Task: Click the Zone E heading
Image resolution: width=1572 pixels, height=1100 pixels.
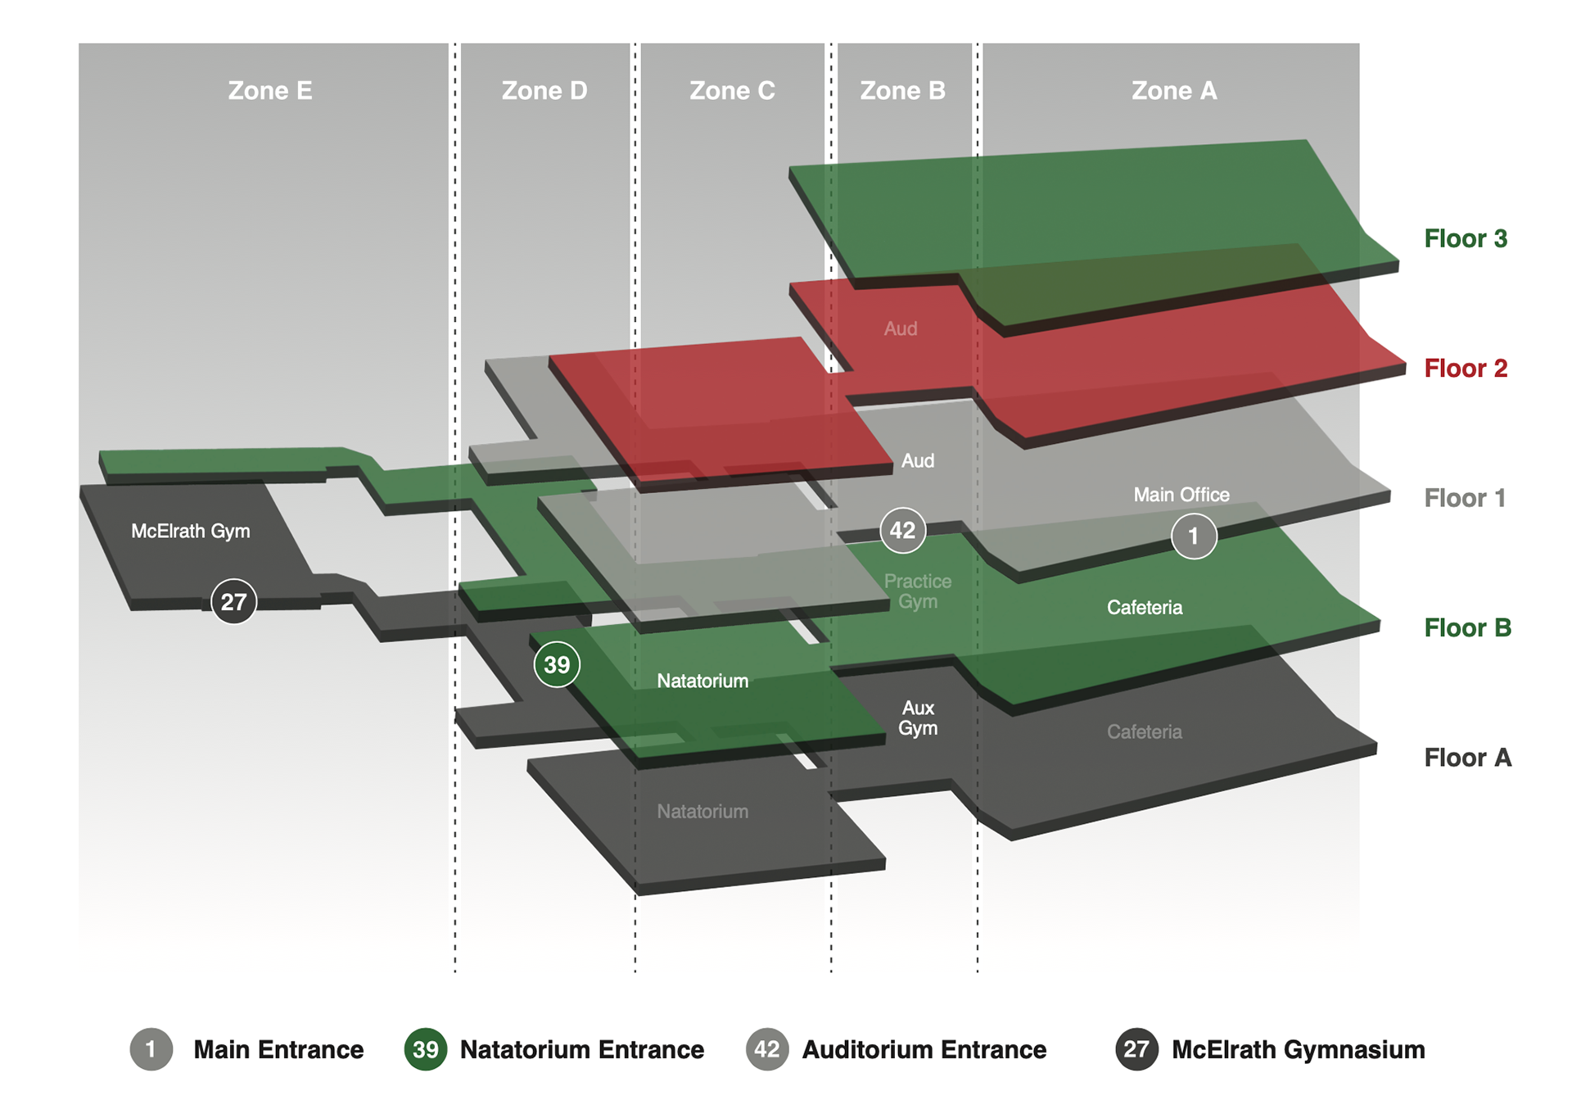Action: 269,90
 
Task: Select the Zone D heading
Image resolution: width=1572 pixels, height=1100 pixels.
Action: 544,90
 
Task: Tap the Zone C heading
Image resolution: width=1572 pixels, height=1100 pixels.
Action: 731,90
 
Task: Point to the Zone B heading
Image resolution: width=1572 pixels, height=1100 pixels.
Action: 902,90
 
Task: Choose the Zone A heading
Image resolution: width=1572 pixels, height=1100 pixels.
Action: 1173,90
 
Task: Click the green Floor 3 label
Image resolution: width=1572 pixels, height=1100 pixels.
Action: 1465,238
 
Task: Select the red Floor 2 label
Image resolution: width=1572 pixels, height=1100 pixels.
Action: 1465,368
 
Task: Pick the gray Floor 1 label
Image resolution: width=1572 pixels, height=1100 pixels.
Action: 1464,498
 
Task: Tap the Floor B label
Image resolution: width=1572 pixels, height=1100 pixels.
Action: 1466,627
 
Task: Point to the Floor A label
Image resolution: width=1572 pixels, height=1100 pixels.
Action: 1466,758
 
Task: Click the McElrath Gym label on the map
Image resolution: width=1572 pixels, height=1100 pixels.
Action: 191,531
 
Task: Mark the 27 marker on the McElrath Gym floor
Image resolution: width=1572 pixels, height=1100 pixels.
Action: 233,602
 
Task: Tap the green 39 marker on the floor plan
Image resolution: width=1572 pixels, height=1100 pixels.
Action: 557,664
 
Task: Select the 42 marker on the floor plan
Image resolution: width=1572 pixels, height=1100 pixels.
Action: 902,530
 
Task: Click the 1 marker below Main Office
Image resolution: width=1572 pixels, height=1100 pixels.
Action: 1193,536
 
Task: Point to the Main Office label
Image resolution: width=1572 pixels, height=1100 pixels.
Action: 1181,495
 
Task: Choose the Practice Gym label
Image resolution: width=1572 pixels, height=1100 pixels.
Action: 917,591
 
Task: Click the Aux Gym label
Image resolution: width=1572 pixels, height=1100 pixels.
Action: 917,717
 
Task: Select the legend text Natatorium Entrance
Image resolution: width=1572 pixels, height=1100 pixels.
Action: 581,1049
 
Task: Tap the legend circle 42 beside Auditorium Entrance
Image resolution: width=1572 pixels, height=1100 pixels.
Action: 766,1049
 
